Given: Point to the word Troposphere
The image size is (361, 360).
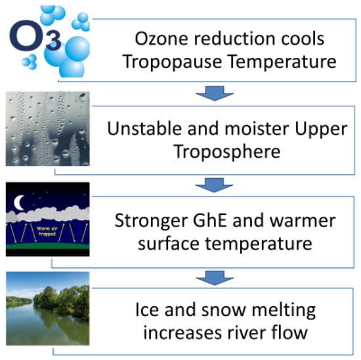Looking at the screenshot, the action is point(227,152).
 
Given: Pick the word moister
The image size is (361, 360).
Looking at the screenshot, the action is point(257,129).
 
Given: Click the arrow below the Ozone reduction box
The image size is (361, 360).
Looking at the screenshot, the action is point(215,93).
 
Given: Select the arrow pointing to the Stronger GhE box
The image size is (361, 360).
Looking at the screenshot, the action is point(215,185).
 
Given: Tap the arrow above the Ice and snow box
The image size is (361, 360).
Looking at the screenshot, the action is point(215,278).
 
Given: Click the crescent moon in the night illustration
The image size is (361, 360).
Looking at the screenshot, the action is point(18,202).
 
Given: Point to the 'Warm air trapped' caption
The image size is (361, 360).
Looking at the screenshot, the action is point(47,231).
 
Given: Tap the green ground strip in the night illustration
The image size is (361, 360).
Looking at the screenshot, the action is point(48,246).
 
